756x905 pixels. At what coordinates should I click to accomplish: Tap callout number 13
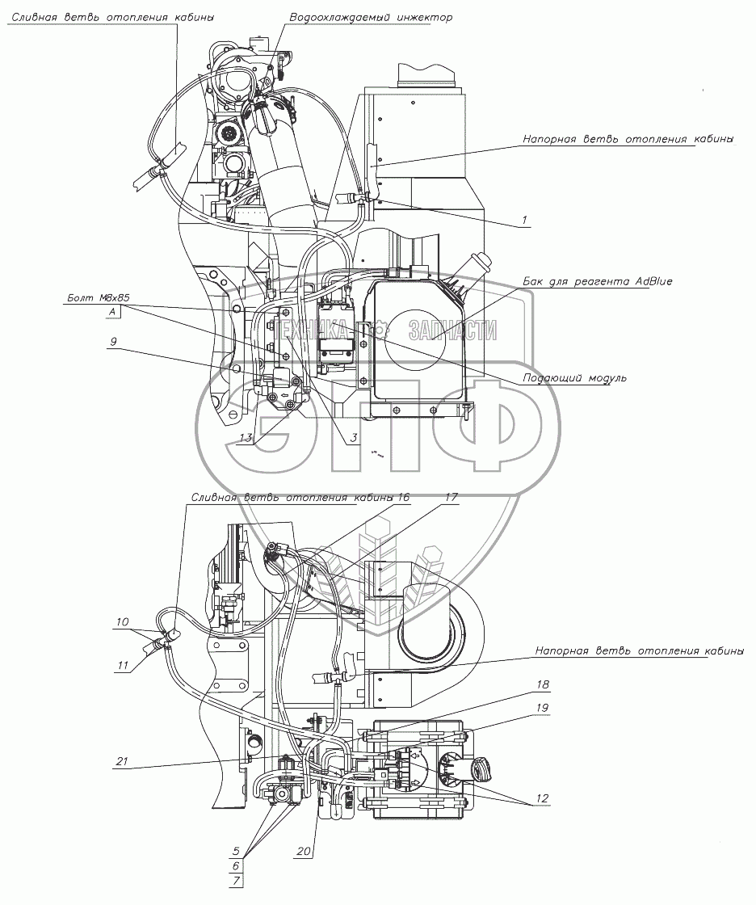click(247, 437)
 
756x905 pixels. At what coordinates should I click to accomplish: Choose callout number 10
click(122, 621)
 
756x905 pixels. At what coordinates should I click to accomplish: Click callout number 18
click(540, 685)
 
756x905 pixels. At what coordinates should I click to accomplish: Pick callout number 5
click(236, 851)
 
